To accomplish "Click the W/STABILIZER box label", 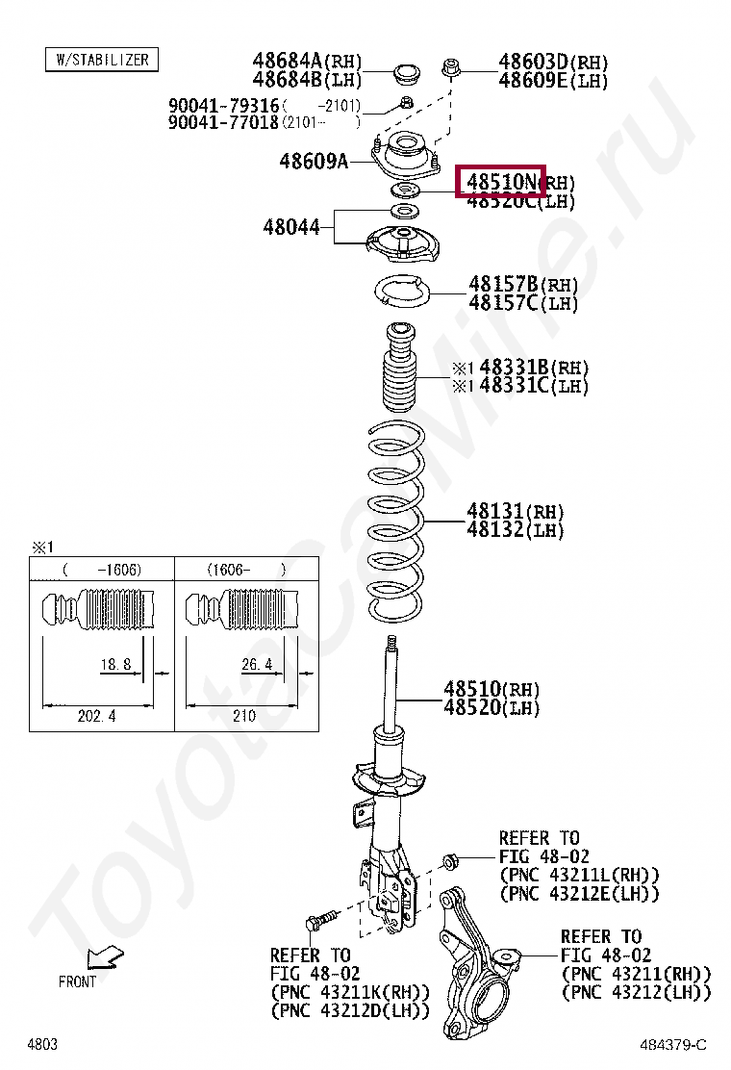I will pyautogui.click(x=102, y=60).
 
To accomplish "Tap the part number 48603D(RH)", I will pyautogui.click(x=553, y=63).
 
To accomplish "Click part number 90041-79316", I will pyautogui.click(x=224, y=105).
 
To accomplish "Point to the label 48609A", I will pyautogui.click(x=314, y=161).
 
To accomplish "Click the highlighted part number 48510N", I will pyautogui.click(x=501, y=181).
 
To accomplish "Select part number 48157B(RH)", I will pyautogui.click(x=523, y=284).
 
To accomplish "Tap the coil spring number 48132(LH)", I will pyautogui.click(x=516, y=529).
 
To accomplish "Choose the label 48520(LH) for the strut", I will pyautogui.click(x=492, y=707).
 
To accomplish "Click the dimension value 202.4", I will pyautogui.click(x=97, y=715).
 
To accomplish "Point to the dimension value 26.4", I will pyautogui.click(x=256, y=664).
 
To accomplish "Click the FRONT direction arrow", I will pyautogui.click(x=102, y=957).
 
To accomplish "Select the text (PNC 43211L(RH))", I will pyautogui.click(x=579, y=875).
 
